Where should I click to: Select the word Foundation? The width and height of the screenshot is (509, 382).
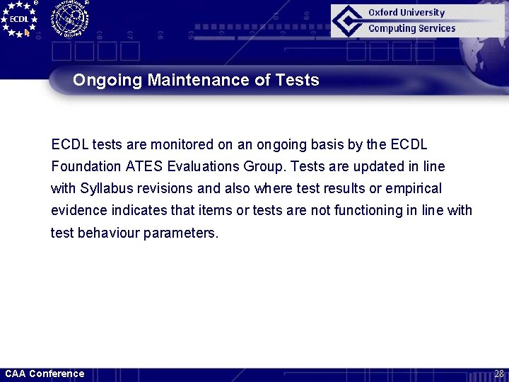pyautogui.click(x=85, y=167)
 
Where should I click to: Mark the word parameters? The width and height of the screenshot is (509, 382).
pyautogui.click(x=181, y=233)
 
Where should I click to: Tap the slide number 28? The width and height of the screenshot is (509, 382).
pyautogui.click(x=498, y=374)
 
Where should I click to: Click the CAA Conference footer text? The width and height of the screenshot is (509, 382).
pyautogui.click(x=45, y=374)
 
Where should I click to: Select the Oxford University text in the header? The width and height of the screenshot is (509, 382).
pyautogui.click(x=406, y=12)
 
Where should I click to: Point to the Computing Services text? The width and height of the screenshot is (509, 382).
pyautogui.click(x=411, y=28)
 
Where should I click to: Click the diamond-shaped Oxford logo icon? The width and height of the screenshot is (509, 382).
pyautogui.click(x=349, y=21)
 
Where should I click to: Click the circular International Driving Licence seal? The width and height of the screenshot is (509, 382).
pyautogui.click(x=69, y=18)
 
